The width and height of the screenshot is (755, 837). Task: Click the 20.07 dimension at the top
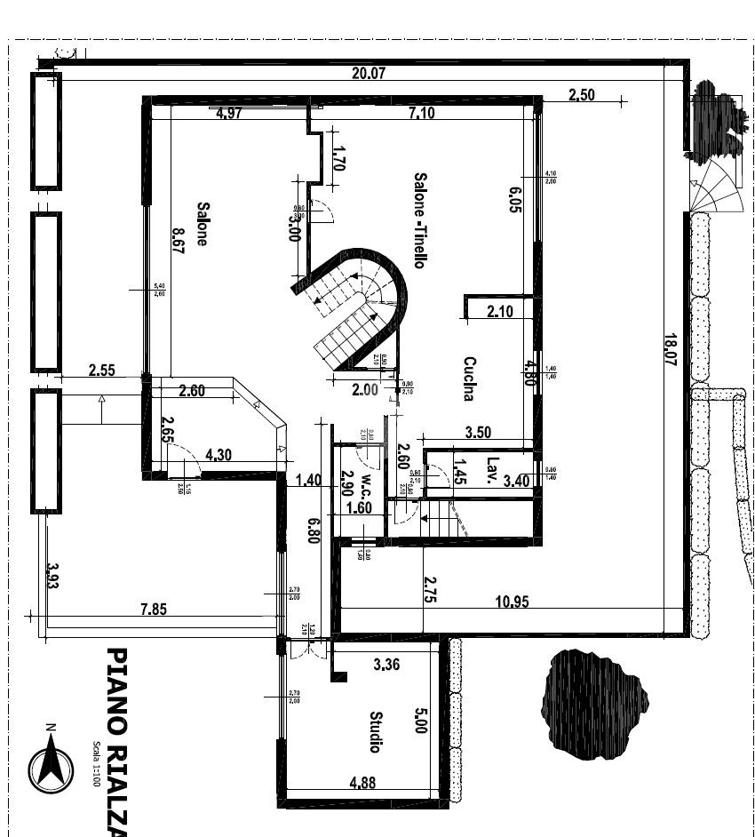tap(369, 74)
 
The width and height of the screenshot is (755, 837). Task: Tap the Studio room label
tap(376, 731)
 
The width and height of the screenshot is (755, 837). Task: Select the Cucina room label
tap(469, 379)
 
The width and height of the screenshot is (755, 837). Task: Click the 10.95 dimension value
tap(511, 602)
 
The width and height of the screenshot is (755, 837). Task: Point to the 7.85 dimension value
tap(153, 610)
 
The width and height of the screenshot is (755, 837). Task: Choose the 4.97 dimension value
tap(229, 114)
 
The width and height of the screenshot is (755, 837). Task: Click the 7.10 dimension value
tap(421, 114)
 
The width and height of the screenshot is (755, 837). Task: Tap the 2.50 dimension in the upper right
tap(581, 95)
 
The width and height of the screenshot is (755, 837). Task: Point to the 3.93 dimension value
tap(52, 578)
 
